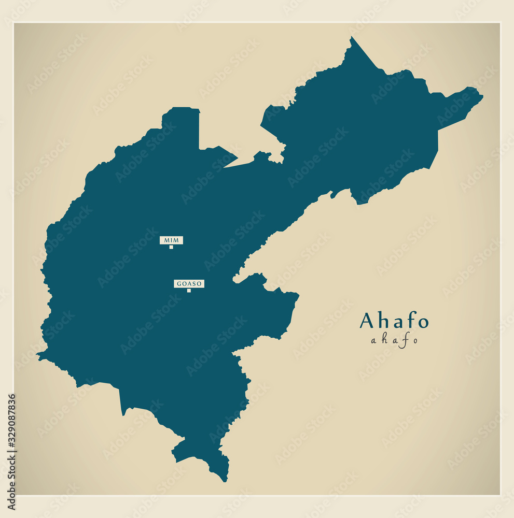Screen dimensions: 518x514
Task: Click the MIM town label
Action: point(171,240)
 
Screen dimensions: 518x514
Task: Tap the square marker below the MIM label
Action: point(171,247)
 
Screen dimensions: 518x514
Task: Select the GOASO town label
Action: point(189,284)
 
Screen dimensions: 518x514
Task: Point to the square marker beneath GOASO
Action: point(189,291)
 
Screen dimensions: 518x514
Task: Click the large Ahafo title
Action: point(394,321)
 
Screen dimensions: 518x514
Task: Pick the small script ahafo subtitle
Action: point(394,340)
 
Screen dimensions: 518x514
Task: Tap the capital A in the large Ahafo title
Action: point(367,321)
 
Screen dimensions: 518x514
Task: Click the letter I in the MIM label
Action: point(171,240)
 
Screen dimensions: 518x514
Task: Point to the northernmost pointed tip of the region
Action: point(352,38)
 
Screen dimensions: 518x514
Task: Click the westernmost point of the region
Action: point(38,355)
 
